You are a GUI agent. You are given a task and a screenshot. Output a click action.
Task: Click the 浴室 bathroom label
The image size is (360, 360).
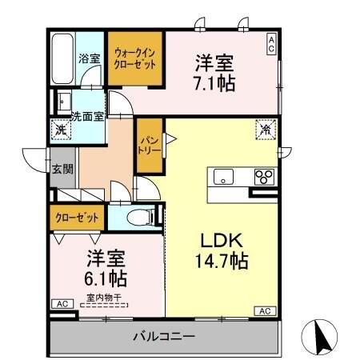point(89,58)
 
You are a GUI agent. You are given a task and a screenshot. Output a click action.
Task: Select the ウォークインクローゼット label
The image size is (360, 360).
point(135,58)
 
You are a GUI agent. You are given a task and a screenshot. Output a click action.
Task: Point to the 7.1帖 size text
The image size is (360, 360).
point(214,83)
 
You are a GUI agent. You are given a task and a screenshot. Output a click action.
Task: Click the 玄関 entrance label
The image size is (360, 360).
point(62,169)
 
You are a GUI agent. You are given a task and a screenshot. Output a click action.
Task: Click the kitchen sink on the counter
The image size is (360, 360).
point(222,177)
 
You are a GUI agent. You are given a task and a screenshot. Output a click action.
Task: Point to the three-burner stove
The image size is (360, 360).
point(264,177)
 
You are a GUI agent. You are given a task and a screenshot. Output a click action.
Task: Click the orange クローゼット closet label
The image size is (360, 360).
point(78,217)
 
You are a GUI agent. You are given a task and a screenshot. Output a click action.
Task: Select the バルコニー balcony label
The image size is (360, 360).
point(165,335)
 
